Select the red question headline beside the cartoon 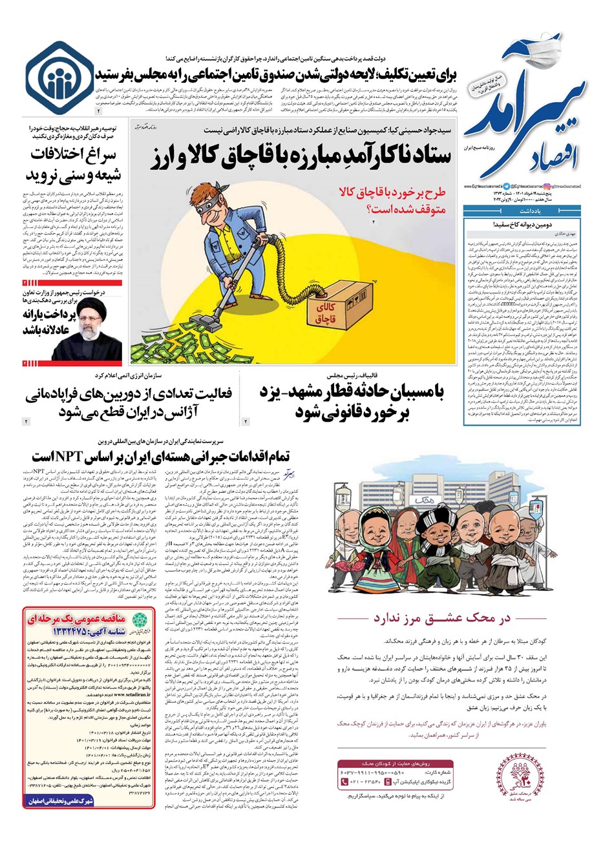click(x=381, y=200)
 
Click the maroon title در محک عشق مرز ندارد click(x=441, y=618)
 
